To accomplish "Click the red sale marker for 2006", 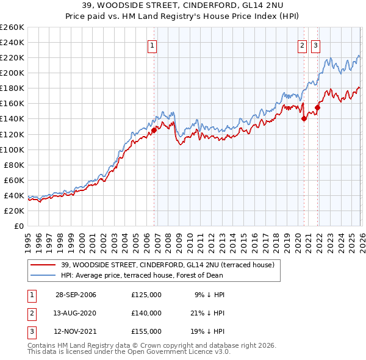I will point(154,129).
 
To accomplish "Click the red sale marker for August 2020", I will point(304,119).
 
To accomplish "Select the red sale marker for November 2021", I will point(317,107).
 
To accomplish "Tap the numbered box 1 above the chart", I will point(151,45).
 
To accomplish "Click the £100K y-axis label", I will point(12,149).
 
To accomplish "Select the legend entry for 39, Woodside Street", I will point(168,265).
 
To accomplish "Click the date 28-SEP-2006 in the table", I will point(76,295).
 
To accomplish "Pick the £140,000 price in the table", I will point(146,313).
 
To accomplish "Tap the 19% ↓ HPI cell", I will point(209,331).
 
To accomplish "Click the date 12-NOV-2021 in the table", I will point(76,331).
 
